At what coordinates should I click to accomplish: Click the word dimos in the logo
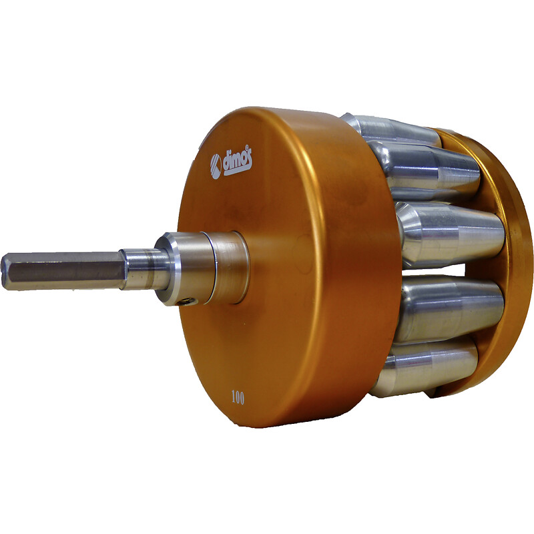(238, 162)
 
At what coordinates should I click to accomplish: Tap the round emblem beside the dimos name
(216, 166)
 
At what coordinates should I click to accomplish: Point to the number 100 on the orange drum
(238, 397)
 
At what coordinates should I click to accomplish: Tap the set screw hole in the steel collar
(186, 301)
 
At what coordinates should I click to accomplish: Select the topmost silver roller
(392, 131)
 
